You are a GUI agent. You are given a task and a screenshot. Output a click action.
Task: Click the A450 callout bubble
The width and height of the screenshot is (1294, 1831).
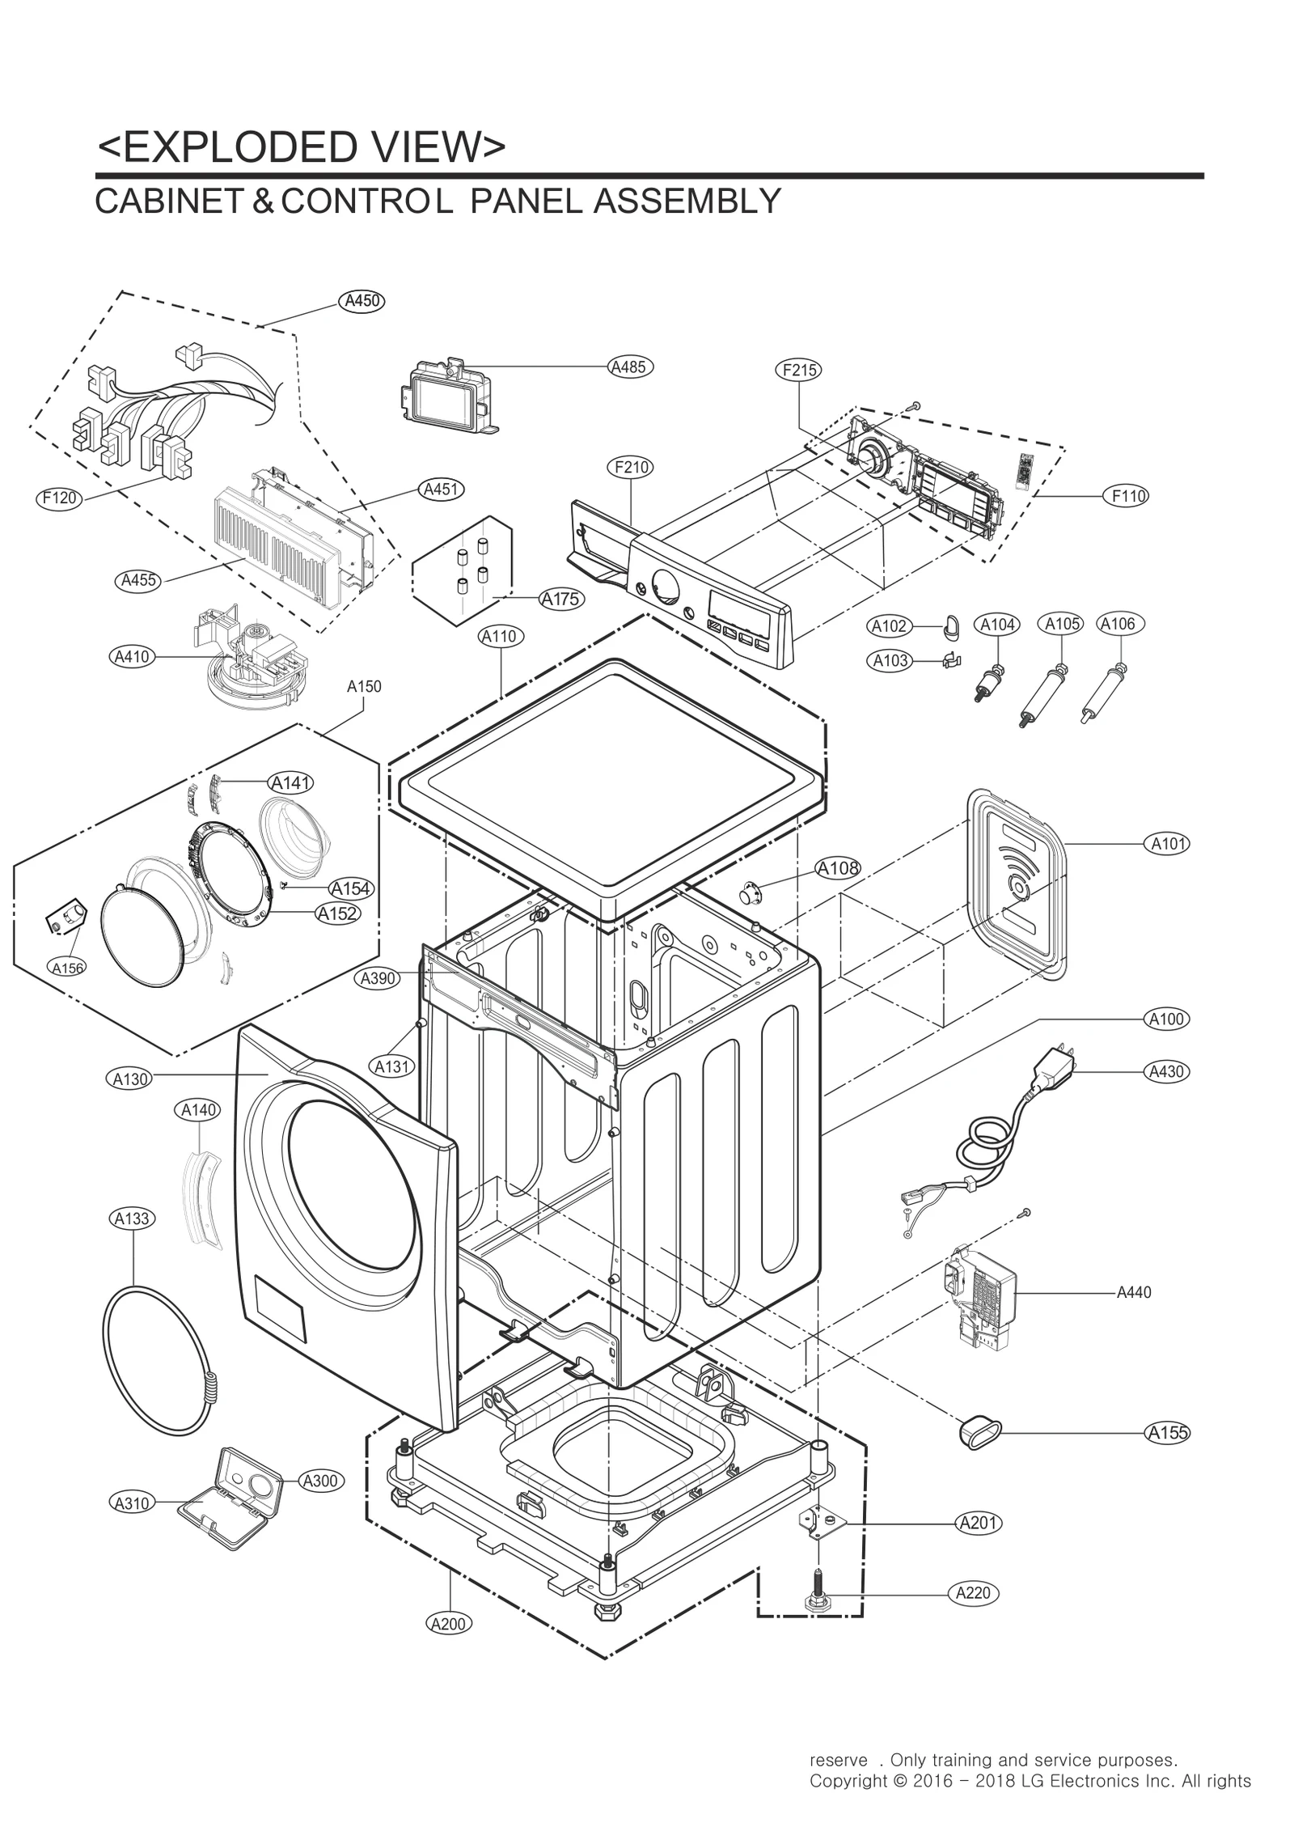point(361,301)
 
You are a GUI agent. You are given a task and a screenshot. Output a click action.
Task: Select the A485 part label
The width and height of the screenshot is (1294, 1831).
point(629,367)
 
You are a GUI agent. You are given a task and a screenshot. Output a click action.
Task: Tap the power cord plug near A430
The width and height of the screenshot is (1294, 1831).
point(1053,1068)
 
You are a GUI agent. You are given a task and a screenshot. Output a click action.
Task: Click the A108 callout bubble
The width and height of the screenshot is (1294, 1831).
point(838,868)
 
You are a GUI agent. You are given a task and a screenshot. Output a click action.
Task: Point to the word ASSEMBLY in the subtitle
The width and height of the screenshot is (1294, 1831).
point(687,201)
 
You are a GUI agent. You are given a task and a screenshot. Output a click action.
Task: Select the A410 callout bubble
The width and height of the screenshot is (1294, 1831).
point(132,656)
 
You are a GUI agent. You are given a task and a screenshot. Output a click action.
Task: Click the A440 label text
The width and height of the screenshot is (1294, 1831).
point(1134,1293)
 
